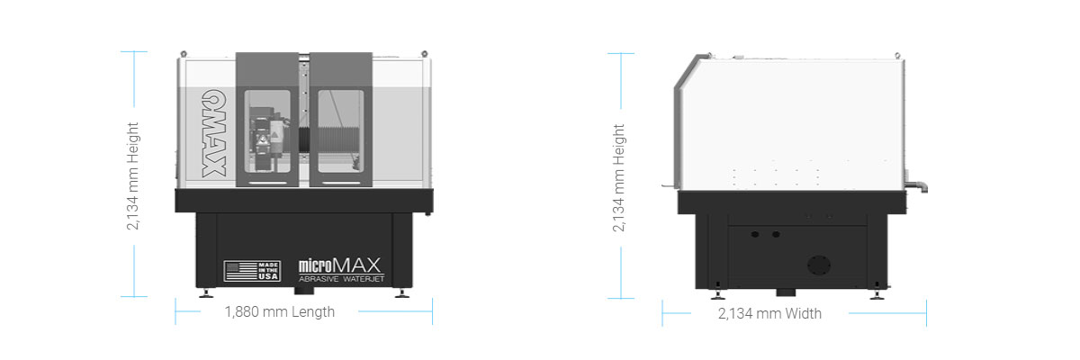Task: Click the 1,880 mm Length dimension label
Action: pyautogui.click(x=280, y=312)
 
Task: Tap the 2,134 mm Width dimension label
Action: pyautogui.click(x=769, y=314)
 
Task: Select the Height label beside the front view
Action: pyautogui.click(x=132, y=176)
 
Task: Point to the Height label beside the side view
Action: pyautogui.click(x=618, y=178)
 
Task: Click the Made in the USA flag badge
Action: pyautogui.click(x=252, y=271)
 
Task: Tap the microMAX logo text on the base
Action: pyautogui.click(x=340, y=265)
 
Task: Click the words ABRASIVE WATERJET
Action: pyautogui.click(x=341, y=279)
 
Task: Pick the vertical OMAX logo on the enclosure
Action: pyautogui.click(x=214, y=133)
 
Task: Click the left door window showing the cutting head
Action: pyautogui.click(x=267, y=131)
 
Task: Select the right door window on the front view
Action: pyautogui.click(x=340, y=131)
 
